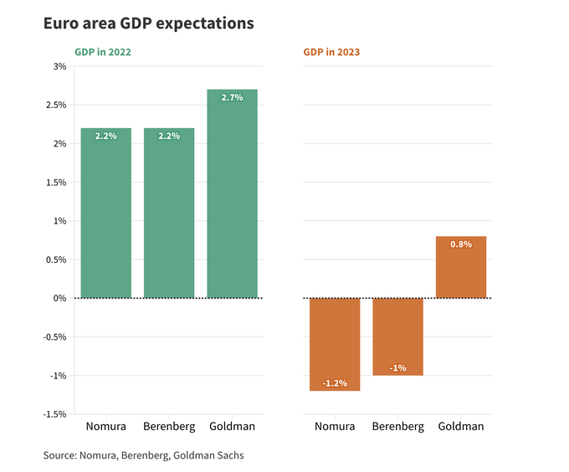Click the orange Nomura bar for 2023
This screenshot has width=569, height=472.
point(335,344)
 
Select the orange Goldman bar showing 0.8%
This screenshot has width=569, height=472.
point(461,267)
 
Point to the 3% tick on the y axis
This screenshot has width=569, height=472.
point(59,66)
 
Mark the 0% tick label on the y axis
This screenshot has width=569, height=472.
point(59,298)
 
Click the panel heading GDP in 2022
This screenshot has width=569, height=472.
point(103,52)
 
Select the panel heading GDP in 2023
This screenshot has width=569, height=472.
point(331,52)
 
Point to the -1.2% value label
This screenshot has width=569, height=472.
point(335,383)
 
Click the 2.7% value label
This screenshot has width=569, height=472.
point(232,98)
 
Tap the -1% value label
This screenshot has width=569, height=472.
point(397,367)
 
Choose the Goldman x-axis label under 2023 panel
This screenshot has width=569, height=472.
point(461,427)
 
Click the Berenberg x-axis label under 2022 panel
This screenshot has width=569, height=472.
point(169,427)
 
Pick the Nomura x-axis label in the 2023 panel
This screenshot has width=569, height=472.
point(335,427)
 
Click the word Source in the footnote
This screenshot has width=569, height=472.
point(59,455)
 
